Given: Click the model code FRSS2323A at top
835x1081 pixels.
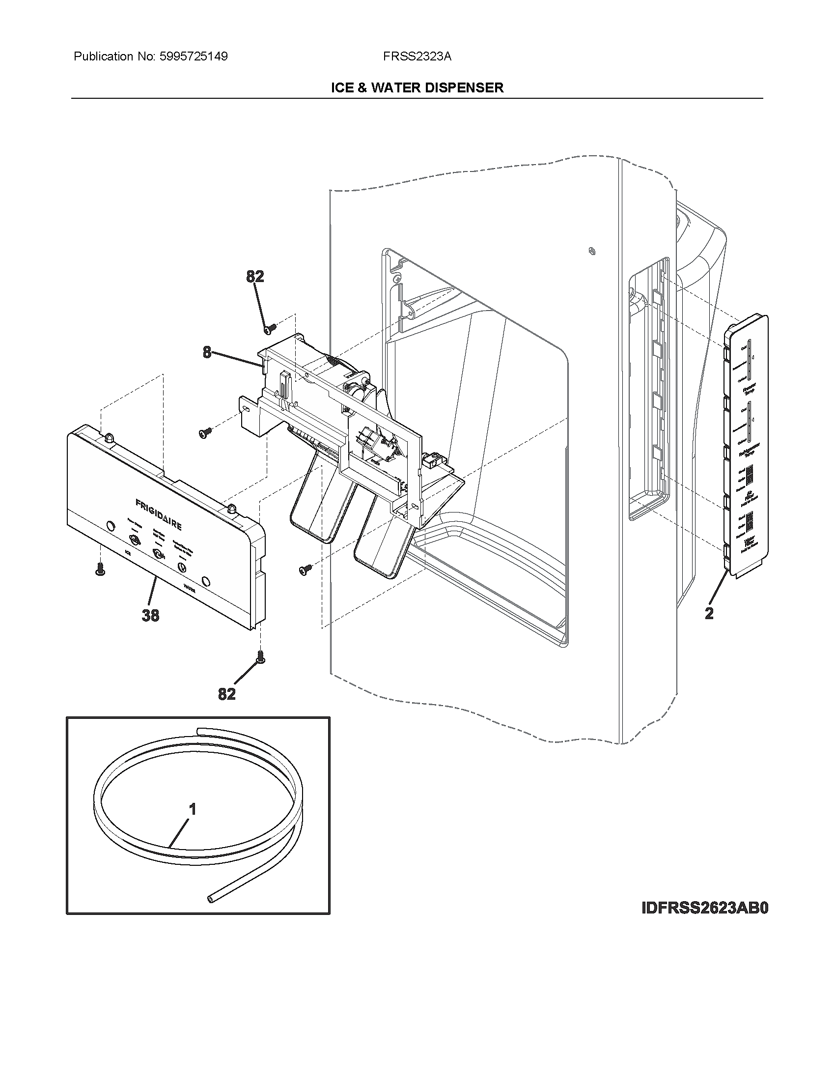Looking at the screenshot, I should pos(417,57).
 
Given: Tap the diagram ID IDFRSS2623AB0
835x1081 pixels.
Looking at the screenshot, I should pos(705,908).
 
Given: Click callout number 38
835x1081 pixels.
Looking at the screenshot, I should pos(150,615).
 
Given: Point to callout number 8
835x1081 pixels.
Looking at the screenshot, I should pos(207,352).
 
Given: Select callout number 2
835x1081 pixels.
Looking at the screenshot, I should pos(709,613).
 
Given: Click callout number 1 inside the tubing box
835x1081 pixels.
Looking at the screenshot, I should pos(193,810).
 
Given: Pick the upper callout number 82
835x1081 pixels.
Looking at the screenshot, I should pos(255,277).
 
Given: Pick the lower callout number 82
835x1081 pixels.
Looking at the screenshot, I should pos(226,694).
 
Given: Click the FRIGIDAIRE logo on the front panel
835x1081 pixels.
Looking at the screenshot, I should pos(158,514).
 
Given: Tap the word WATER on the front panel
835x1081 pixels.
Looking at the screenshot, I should pos(190,588).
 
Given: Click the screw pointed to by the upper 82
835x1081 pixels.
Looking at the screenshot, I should pos(270,328).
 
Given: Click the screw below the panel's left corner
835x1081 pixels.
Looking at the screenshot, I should pos(100,569).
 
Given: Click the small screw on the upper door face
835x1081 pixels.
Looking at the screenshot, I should pos(592,251).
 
